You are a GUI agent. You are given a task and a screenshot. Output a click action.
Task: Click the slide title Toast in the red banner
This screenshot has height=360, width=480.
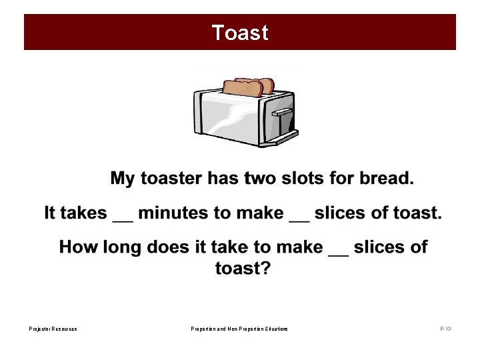click(240, 33)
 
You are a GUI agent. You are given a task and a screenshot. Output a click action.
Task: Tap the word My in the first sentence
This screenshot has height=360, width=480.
click(122, 179)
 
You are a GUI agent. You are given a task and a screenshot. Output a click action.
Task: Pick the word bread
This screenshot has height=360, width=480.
click(387, 179)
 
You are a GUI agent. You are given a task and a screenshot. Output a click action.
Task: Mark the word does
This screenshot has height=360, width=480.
click(170, 248)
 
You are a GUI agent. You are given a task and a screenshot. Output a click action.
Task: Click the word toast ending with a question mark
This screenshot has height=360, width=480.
click(242, 269)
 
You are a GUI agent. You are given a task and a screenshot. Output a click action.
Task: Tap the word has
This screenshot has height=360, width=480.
click(222, 179)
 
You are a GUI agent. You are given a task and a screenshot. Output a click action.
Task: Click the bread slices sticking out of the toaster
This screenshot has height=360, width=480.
click(248, 87)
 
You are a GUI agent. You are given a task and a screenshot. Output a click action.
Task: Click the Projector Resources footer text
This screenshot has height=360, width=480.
click(53, 329)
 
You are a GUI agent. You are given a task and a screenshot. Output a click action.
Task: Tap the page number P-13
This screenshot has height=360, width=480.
click(445, 329)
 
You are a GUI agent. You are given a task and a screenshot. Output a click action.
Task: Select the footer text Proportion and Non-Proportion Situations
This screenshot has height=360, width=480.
click(239, 329)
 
